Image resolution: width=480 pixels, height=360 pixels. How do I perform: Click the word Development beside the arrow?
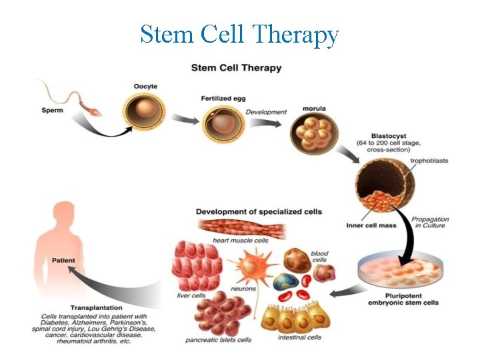pyautogui.click(x=265, y=111)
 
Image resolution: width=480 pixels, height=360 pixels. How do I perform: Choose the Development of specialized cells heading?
pyautogui.click(x=259, y=211)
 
